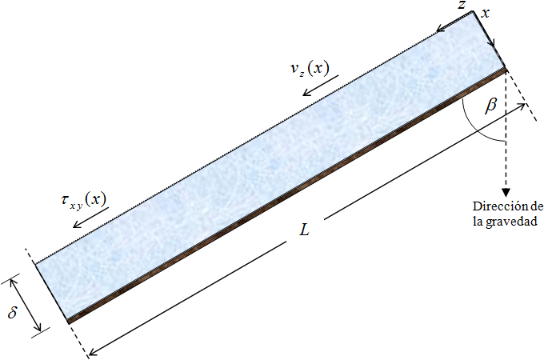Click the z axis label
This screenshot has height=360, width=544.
pyautogui.click(x=462, y=5)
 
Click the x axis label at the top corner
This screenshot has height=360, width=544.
pyautogui.click(x=486, y=13)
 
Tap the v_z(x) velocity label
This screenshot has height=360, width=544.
pyautogui.click(x=310, y=68)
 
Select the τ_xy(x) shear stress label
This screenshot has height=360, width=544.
pyautogui.click(x=84, y=200)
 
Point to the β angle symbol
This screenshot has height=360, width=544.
pyautogui.click(x=491, y=104)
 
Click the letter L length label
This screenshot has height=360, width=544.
pyautogui.click(x=304, y=230)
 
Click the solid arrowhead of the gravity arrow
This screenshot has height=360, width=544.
pyautogui.click(x=506, y=193)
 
